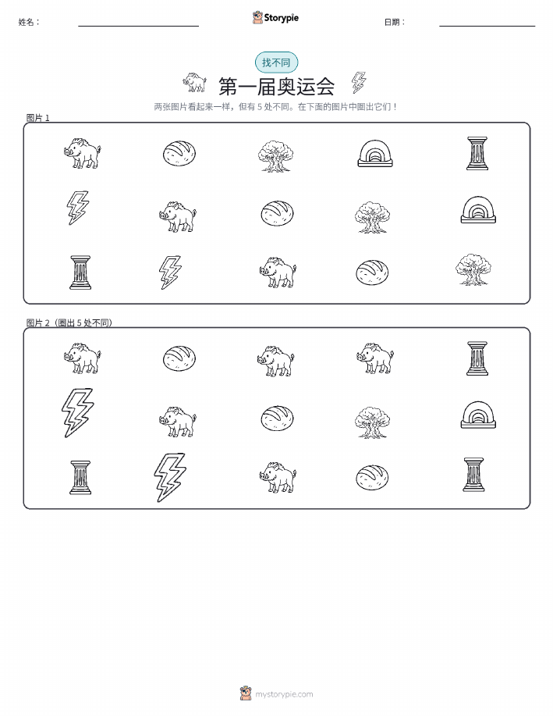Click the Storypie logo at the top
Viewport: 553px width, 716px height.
275,18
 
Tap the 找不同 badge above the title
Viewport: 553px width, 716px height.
276,62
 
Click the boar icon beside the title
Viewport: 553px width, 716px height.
195,82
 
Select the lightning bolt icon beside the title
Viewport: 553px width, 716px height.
359,82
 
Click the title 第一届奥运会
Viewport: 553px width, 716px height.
276,87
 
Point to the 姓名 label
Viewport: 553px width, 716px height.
29,22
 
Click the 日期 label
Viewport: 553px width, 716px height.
395,22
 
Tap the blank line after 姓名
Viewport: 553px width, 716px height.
138,26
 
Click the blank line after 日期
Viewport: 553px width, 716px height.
487,26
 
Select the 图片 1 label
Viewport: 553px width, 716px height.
38,118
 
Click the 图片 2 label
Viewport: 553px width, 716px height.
37,322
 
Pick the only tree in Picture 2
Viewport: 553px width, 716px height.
372,422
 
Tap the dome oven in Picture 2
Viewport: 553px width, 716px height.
477,415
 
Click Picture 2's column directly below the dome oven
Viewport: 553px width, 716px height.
473,475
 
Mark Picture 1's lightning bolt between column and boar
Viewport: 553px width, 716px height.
170,273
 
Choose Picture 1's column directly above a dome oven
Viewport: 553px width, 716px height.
477,153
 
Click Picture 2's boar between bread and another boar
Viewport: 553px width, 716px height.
275,361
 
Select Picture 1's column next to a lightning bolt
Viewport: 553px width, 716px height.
80,273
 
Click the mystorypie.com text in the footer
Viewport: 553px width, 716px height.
284,694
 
